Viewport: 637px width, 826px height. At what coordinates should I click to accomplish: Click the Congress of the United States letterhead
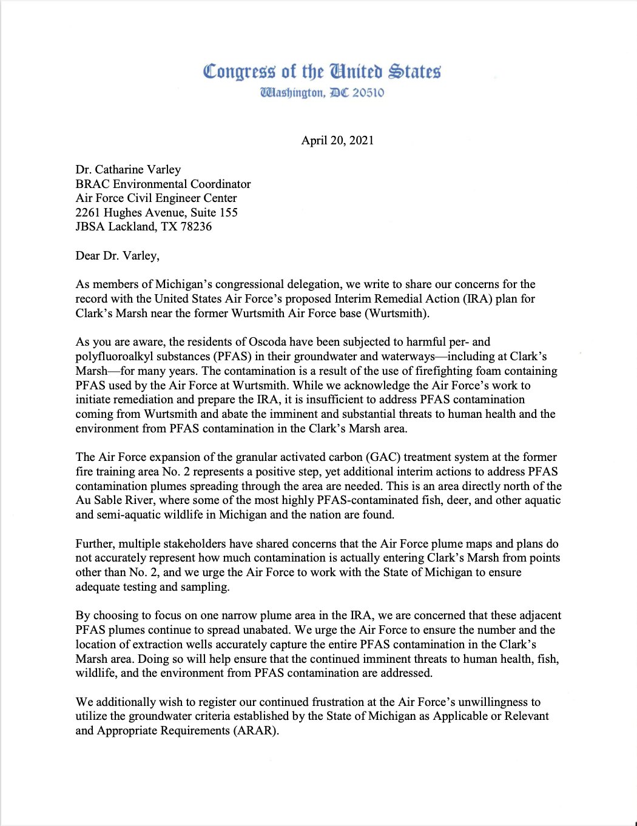tap(322, 72)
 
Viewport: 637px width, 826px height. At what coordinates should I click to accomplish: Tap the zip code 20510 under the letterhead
tap(368, 93)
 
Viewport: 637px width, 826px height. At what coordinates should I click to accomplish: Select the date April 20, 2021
tap(337, 140)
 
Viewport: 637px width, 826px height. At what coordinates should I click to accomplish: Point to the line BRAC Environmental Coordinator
tap(163, 184)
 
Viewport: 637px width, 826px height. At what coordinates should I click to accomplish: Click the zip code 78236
tap(196, 227)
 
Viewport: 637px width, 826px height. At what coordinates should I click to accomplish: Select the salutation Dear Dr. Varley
tap(117, 255)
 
